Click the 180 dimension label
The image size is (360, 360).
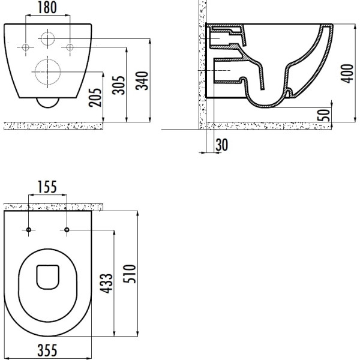click(x=47, y=7)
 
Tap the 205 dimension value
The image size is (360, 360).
click(x=95, y=97)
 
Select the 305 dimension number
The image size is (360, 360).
click(x=118, y=85)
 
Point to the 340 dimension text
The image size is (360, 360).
click(x=142, y=80)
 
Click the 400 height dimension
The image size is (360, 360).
click(x=347, y=73)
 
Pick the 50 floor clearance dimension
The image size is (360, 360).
click(x=323, y=115)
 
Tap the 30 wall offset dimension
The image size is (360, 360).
click(x=222, y=145)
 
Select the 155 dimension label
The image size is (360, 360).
click(x=47, y=187)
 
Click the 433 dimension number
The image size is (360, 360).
click(x=106, y=283)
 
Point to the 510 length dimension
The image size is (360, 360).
click(x=130, y=274)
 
